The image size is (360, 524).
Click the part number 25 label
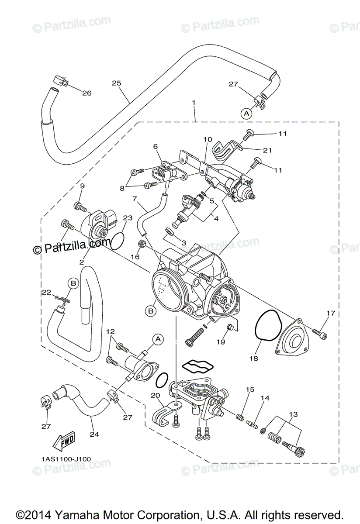click(x=116, y=83)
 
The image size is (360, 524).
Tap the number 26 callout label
click(x=87, y=93)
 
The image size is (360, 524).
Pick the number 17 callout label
click(x=330, y=313)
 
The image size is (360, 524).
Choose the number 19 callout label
click(x=221, y=342)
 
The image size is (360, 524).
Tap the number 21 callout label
click(x=267, y=151)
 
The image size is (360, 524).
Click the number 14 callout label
click(x=265, y=398)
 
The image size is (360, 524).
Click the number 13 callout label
click(x=293, y=414)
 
